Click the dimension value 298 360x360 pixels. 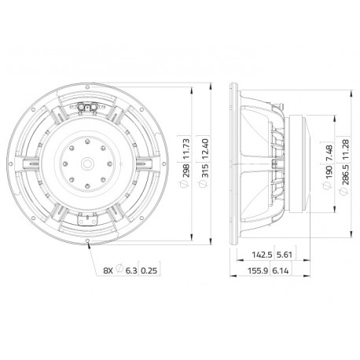click(186, 171)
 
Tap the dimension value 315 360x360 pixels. click(206, 171)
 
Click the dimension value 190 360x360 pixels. click(329, 172)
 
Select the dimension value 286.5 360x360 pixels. click(346, 175)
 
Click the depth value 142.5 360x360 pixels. click(262, 255)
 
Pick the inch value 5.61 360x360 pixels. click(285, 255)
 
